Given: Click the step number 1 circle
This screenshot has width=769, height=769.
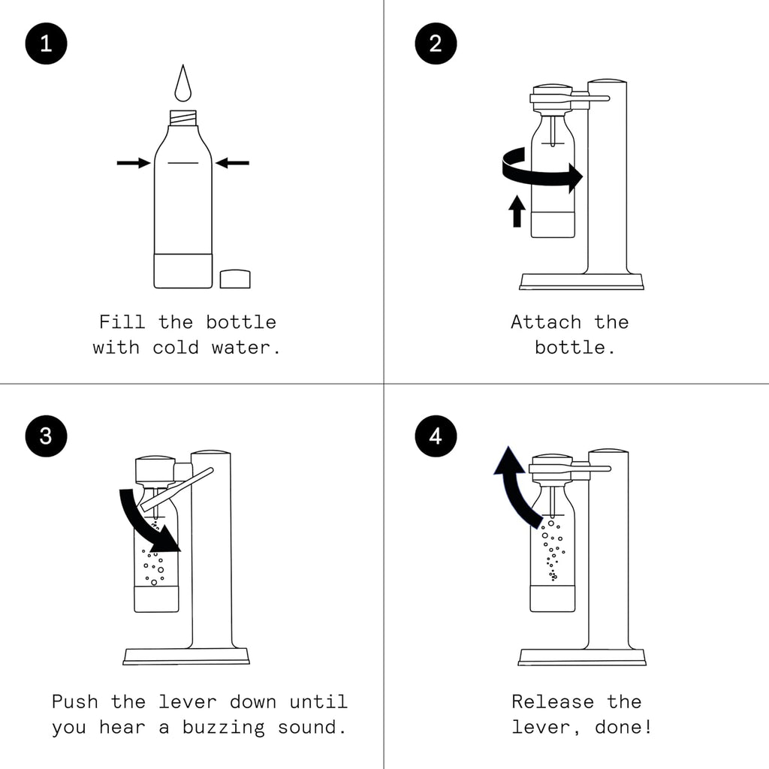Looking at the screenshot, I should click(46, 44).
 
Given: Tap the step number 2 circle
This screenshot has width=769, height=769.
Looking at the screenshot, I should click(436, 44).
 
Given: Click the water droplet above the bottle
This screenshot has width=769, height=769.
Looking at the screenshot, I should click(182, 86).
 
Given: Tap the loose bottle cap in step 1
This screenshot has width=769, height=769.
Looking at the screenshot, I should click(235, 279).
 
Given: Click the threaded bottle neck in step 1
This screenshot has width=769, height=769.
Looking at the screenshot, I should click(182, 118).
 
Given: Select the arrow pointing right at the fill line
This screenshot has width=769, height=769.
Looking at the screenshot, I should click(134, 163).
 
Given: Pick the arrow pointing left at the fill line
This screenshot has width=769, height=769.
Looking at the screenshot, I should click(232, 163).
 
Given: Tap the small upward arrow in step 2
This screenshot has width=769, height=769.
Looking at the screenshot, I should click(517, 211).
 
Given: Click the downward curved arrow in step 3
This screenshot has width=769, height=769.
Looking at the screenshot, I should click(150, 522).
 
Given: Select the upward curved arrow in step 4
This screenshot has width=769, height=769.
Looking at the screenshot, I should click(516, 484).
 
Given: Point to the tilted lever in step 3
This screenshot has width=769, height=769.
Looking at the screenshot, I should click(177, 488).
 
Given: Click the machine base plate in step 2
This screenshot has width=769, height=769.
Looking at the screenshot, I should click(581, 282).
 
